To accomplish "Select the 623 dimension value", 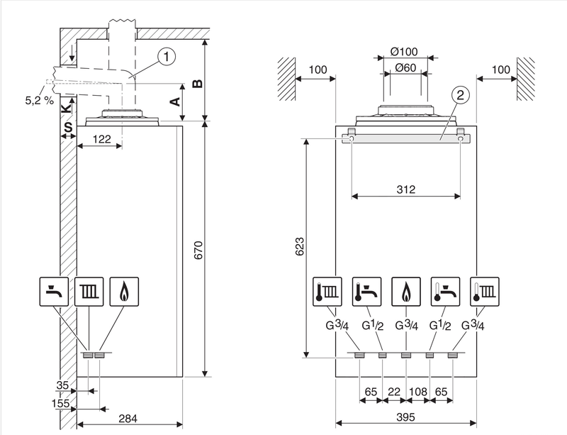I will pyautogui.click(x=300, y=246).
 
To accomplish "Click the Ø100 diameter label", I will pyautogui.click(x=405, y=51).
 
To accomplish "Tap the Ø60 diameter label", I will pyautogui.click(x=405, y=67).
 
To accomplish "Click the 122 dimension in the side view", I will pyautogui.click(x=100, y=141).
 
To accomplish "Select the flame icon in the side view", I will pyautogui.click(x=122, y=290).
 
